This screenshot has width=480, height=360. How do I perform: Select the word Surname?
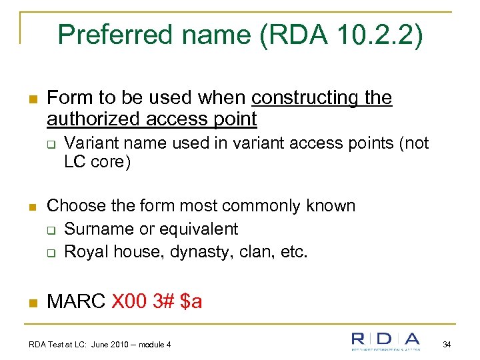pos(95,229)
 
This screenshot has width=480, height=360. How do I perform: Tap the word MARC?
pos(76,301)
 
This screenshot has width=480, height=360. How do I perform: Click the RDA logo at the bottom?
pos(387,341)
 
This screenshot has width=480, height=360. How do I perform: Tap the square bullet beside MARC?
pos(32,302)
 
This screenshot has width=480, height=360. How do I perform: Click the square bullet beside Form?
pos(32,99)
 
